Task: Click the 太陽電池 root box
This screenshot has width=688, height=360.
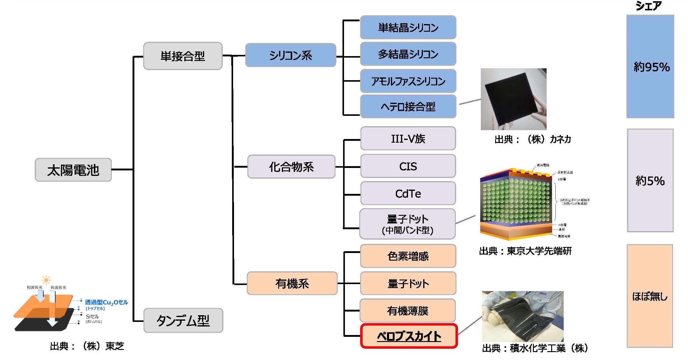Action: point(73,170)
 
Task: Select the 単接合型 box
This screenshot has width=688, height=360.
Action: point(183,56)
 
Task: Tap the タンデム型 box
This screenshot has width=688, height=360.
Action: point(183,320)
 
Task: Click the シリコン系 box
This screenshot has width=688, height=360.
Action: point(290,55)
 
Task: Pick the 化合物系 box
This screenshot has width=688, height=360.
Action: point(291,167)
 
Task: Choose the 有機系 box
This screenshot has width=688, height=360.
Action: point(292,283)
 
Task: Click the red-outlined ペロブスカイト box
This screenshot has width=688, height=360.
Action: point(409,336)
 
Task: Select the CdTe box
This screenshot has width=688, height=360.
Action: point(408,194)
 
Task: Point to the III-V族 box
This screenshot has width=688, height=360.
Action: point(408,139)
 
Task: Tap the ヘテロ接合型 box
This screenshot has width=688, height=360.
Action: point(408,106)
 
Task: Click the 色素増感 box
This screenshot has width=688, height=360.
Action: point(408,256)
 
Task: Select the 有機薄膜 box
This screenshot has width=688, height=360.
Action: point(408,311)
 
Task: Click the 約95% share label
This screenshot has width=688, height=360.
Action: point(651,67)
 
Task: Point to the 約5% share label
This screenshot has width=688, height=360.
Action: point(650,181)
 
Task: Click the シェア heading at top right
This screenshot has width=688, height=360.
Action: point(648,6)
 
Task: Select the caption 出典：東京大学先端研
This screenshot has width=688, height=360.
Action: point(525,251)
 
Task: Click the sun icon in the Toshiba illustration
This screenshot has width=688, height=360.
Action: point(46,280)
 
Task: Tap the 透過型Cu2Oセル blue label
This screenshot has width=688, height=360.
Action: point(106,302)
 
